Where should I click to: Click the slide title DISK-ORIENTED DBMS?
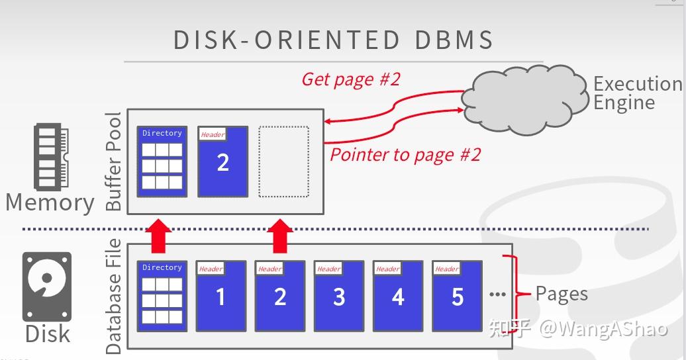(x=334, y=40)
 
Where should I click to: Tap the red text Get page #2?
(x=351, y=79)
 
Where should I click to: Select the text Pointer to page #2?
(x=405, y=155)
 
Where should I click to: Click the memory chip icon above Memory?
(x=47, y=156)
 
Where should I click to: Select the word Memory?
(x=50, y=202)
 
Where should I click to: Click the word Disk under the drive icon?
(x=48, y=334)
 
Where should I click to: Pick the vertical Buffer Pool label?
(x=115, y=161)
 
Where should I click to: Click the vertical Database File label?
(x=115, y=296)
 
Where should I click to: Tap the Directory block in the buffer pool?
(x=162, y=161)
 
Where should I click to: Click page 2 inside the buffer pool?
(x=223, y=162)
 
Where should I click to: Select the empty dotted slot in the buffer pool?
(x=283, y=161)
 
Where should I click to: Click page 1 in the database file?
(x=220, y=296)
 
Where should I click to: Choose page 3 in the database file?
(x=339, y=296)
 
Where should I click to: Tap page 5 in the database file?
(x=457, y=296)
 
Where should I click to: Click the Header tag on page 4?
(x=387, y=269)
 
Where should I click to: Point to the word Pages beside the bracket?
(x=562, y=293)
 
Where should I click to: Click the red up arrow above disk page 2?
(x=281, y=236)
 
